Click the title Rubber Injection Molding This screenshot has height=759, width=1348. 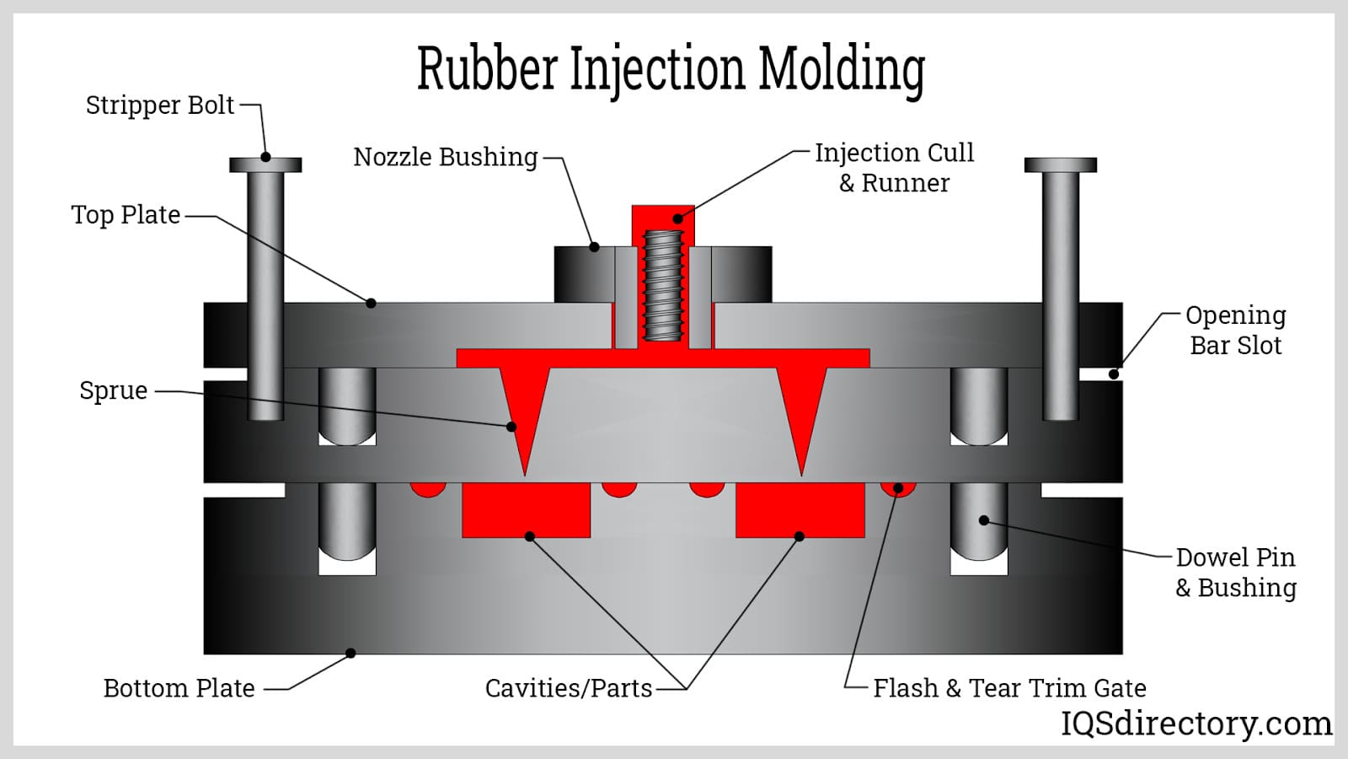[671, 69]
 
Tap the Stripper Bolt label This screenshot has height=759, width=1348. [159, 105]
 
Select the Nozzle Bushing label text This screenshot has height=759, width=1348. [445, 157]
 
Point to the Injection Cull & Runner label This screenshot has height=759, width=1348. [894, 167]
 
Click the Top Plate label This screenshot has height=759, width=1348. [126, 215]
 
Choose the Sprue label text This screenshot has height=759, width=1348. [113, 390]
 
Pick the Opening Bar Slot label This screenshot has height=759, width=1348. [1235, 330]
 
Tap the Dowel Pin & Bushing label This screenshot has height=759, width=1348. [1235, 572]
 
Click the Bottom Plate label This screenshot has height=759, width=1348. [179, 688]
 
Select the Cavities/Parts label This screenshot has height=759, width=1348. [568, 688]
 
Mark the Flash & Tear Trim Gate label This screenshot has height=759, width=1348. [1008, 688]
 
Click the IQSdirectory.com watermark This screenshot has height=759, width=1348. [1196, 724]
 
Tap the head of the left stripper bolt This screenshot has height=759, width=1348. [265, 164]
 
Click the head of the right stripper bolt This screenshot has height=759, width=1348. [1060, 164]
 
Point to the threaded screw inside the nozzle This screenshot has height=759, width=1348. [663, 285]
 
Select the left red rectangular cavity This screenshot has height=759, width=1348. [526, 510]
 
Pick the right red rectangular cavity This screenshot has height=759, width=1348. [800, 510]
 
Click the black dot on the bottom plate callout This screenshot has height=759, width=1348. [350, 653]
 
